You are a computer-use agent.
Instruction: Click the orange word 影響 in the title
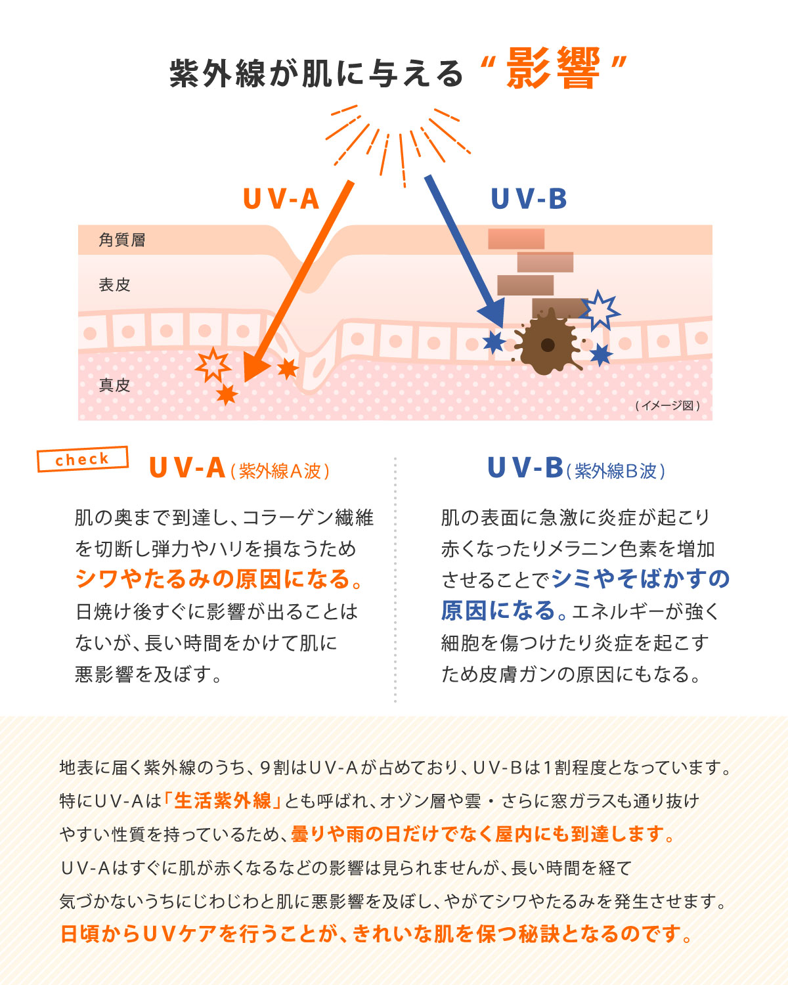553,69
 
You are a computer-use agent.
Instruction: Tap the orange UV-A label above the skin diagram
281,199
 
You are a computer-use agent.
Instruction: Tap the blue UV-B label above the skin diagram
529,199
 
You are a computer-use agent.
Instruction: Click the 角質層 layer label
122,240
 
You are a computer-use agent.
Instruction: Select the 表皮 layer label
115,285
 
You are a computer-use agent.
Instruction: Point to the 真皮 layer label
115,385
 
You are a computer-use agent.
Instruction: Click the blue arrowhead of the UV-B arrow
493,313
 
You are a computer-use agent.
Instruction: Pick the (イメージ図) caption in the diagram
667,406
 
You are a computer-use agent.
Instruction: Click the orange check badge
82,459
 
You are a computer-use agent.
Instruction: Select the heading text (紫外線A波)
280,471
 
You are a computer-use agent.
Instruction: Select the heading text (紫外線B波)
615,471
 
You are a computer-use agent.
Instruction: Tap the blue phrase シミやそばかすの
641,579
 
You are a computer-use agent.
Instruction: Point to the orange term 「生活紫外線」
223,800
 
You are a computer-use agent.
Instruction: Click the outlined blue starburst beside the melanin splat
599,310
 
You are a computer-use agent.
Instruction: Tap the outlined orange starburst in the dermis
213,364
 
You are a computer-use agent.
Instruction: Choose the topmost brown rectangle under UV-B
516,239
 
